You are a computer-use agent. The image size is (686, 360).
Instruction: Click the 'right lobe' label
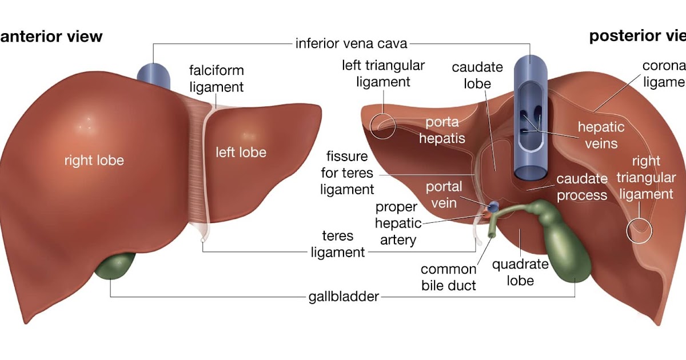(94, 161)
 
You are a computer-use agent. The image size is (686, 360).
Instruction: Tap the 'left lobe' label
(241, 153)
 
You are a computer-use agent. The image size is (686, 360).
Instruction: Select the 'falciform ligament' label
(217, 79)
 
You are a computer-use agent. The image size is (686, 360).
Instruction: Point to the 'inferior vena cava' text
(351, 43)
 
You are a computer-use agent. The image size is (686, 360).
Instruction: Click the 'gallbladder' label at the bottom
(343, 297)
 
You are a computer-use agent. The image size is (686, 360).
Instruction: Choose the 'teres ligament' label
(338, 244)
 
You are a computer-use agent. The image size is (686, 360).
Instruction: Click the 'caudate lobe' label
(477, 75)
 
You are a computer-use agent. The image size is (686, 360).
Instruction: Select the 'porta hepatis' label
(445, 130)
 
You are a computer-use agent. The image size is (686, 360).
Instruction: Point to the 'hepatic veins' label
(601, 134)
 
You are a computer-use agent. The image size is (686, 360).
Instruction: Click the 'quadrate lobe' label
(520, 273)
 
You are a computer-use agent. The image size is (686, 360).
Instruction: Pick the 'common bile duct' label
(449, 277)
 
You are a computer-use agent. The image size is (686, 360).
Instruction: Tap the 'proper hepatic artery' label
(398, 223)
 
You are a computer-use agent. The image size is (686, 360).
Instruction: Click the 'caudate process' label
(582, 187)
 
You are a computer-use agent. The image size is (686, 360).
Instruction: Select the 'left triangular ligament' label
(384, 74)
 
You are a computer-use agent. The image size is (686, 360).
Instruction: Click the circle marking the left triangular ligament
(382, 125)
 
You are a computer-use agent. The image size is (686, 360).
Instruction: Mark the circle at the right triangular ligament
(639, 231)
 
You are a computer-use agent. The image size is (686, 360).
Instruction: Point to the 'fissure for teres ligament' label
(349, 173)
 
